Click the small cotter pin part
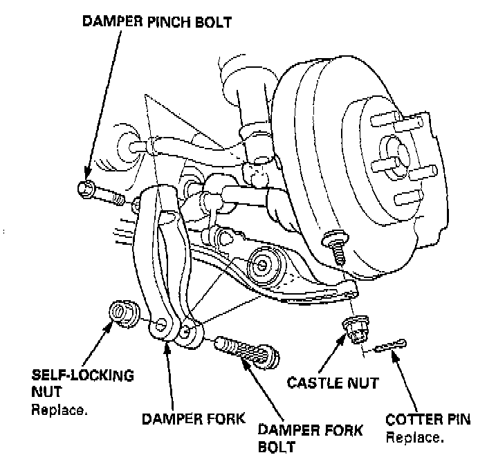tap(389, 346)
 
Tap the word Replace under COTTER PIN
tap(414, 437)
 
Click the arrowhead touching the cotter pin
tap(396, 353)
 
